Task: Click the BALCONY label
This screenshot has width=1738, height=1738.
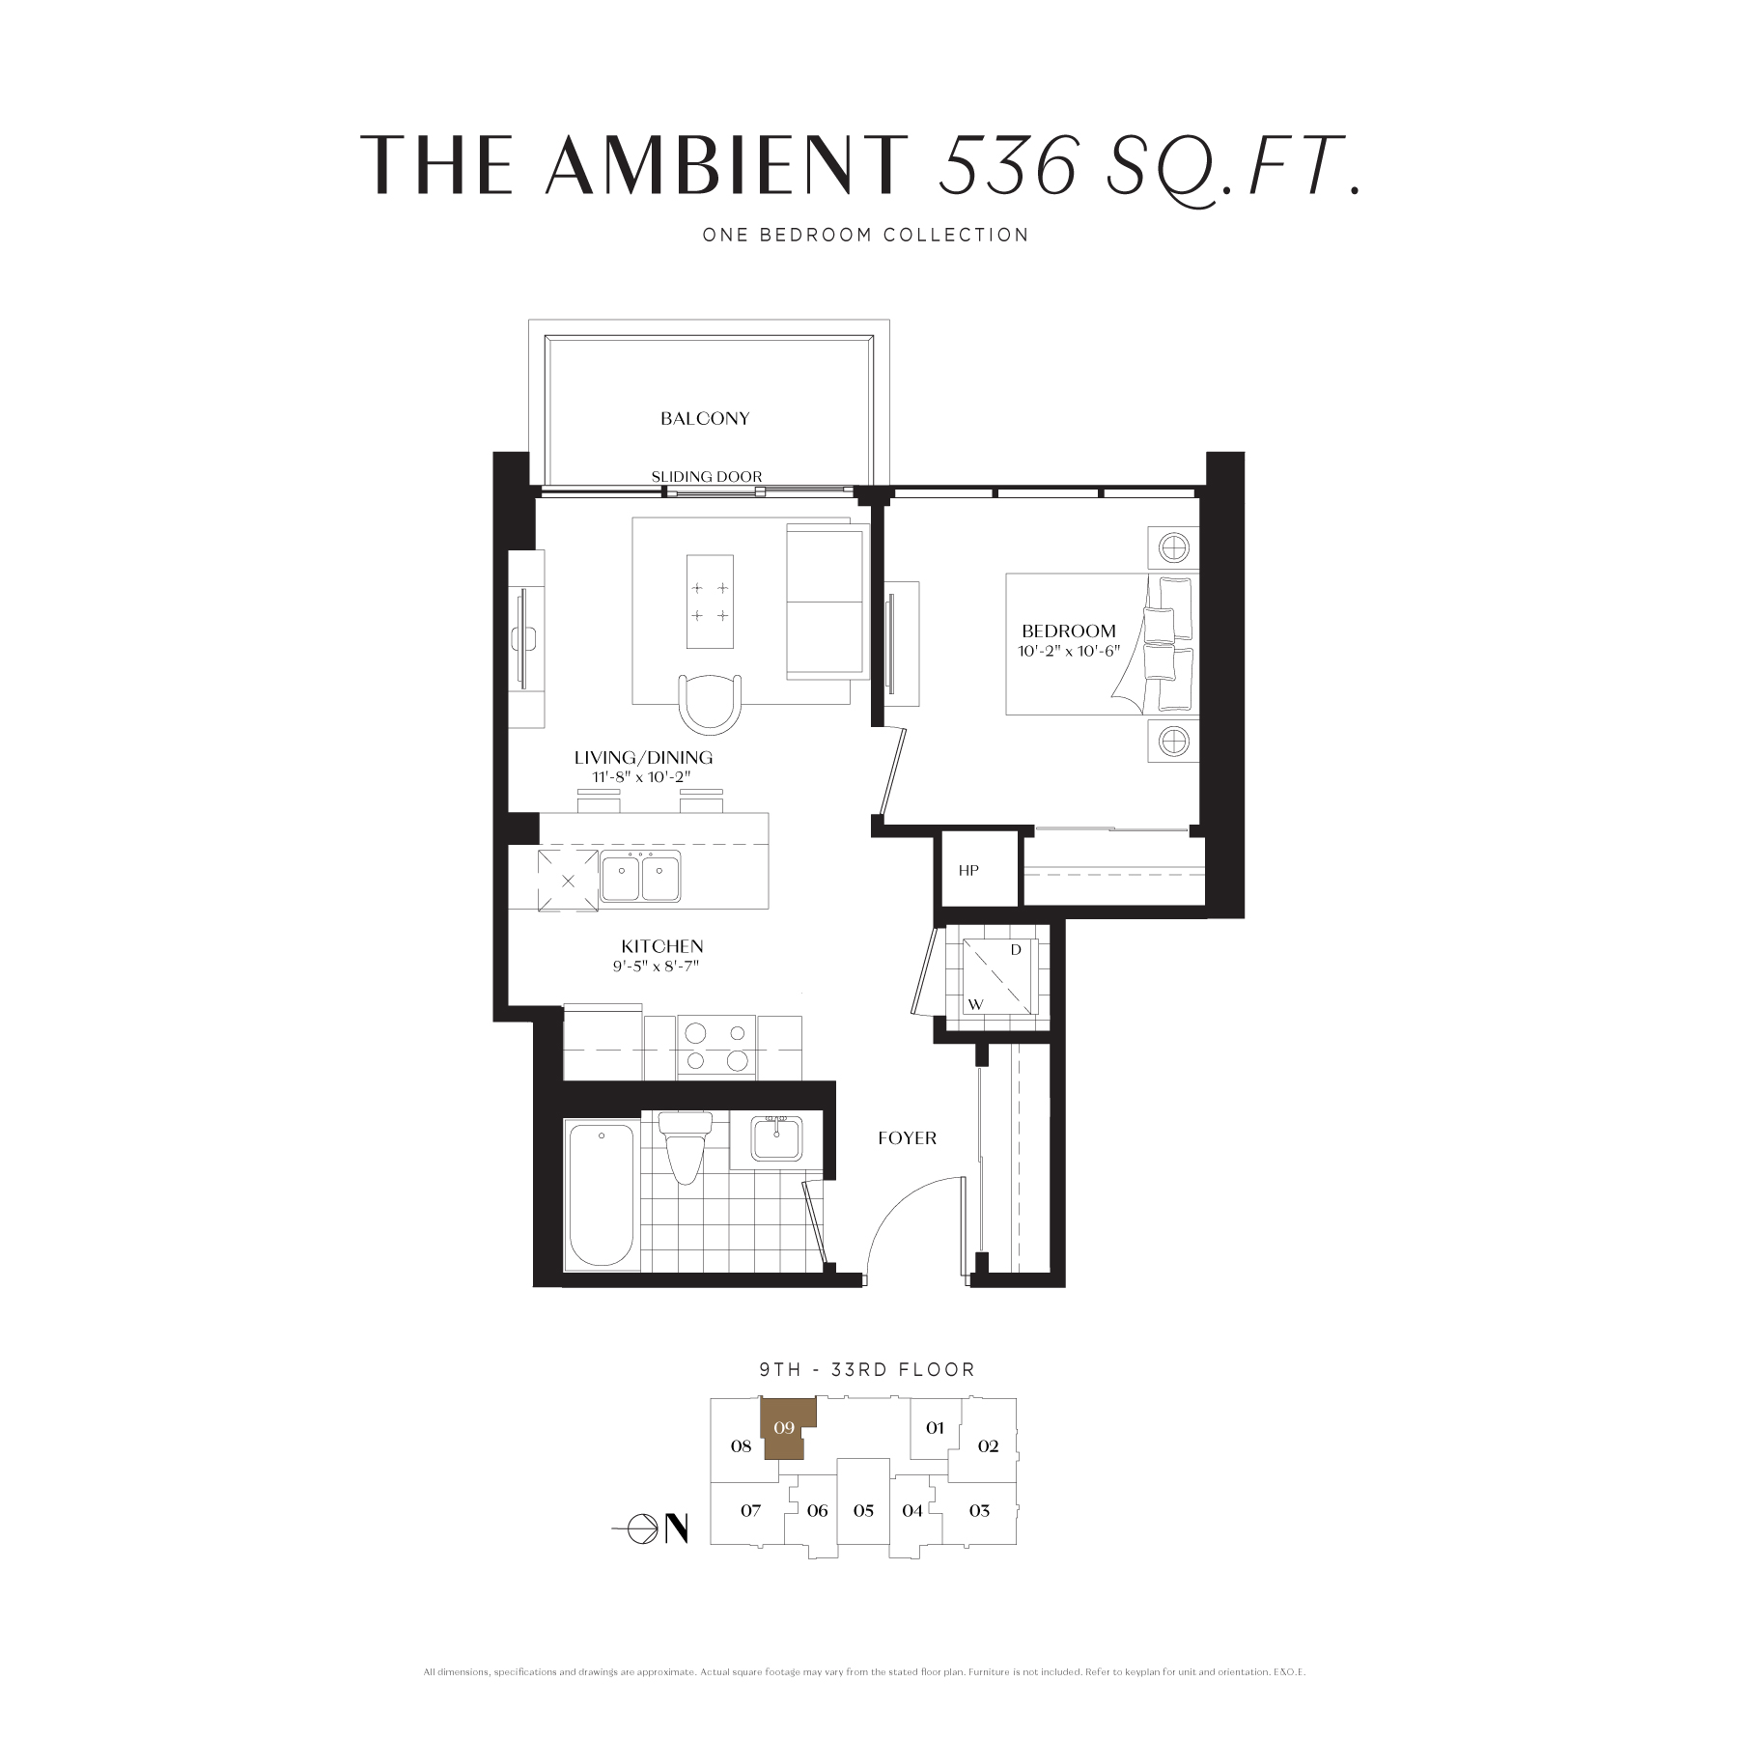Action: tap(705, 418)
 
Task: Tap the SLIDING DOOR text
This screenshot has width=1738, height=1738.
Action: tap(707, 476)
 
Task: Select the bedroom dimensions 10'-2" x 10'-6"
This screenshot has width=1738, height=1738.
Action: tap(1068, 651)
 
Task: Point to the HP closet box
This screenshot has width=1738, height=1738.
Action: tap(979, 869)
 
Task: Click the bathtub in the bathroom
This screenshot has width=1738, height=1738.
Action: tap(601, 1193)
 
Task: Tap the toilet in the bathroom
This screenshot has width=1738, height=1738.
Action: tap(684, 1147)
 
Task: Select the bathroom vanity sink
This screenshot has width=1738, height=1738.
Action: tap(775, 1139)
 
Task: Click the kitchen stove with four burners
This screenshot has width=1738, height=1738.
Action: tap(716, 1047)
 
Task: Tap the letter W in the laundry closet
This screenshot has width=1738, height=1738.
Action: tap(976, 1005)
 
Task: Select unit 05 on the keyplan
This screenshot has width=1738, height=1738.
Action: tap(863, 1510)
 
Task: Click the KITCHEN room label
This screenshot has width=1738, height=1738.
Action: tap(662, 946)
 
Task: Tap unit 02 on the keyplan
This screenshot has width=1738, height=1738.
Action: tap(988, 1446)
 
